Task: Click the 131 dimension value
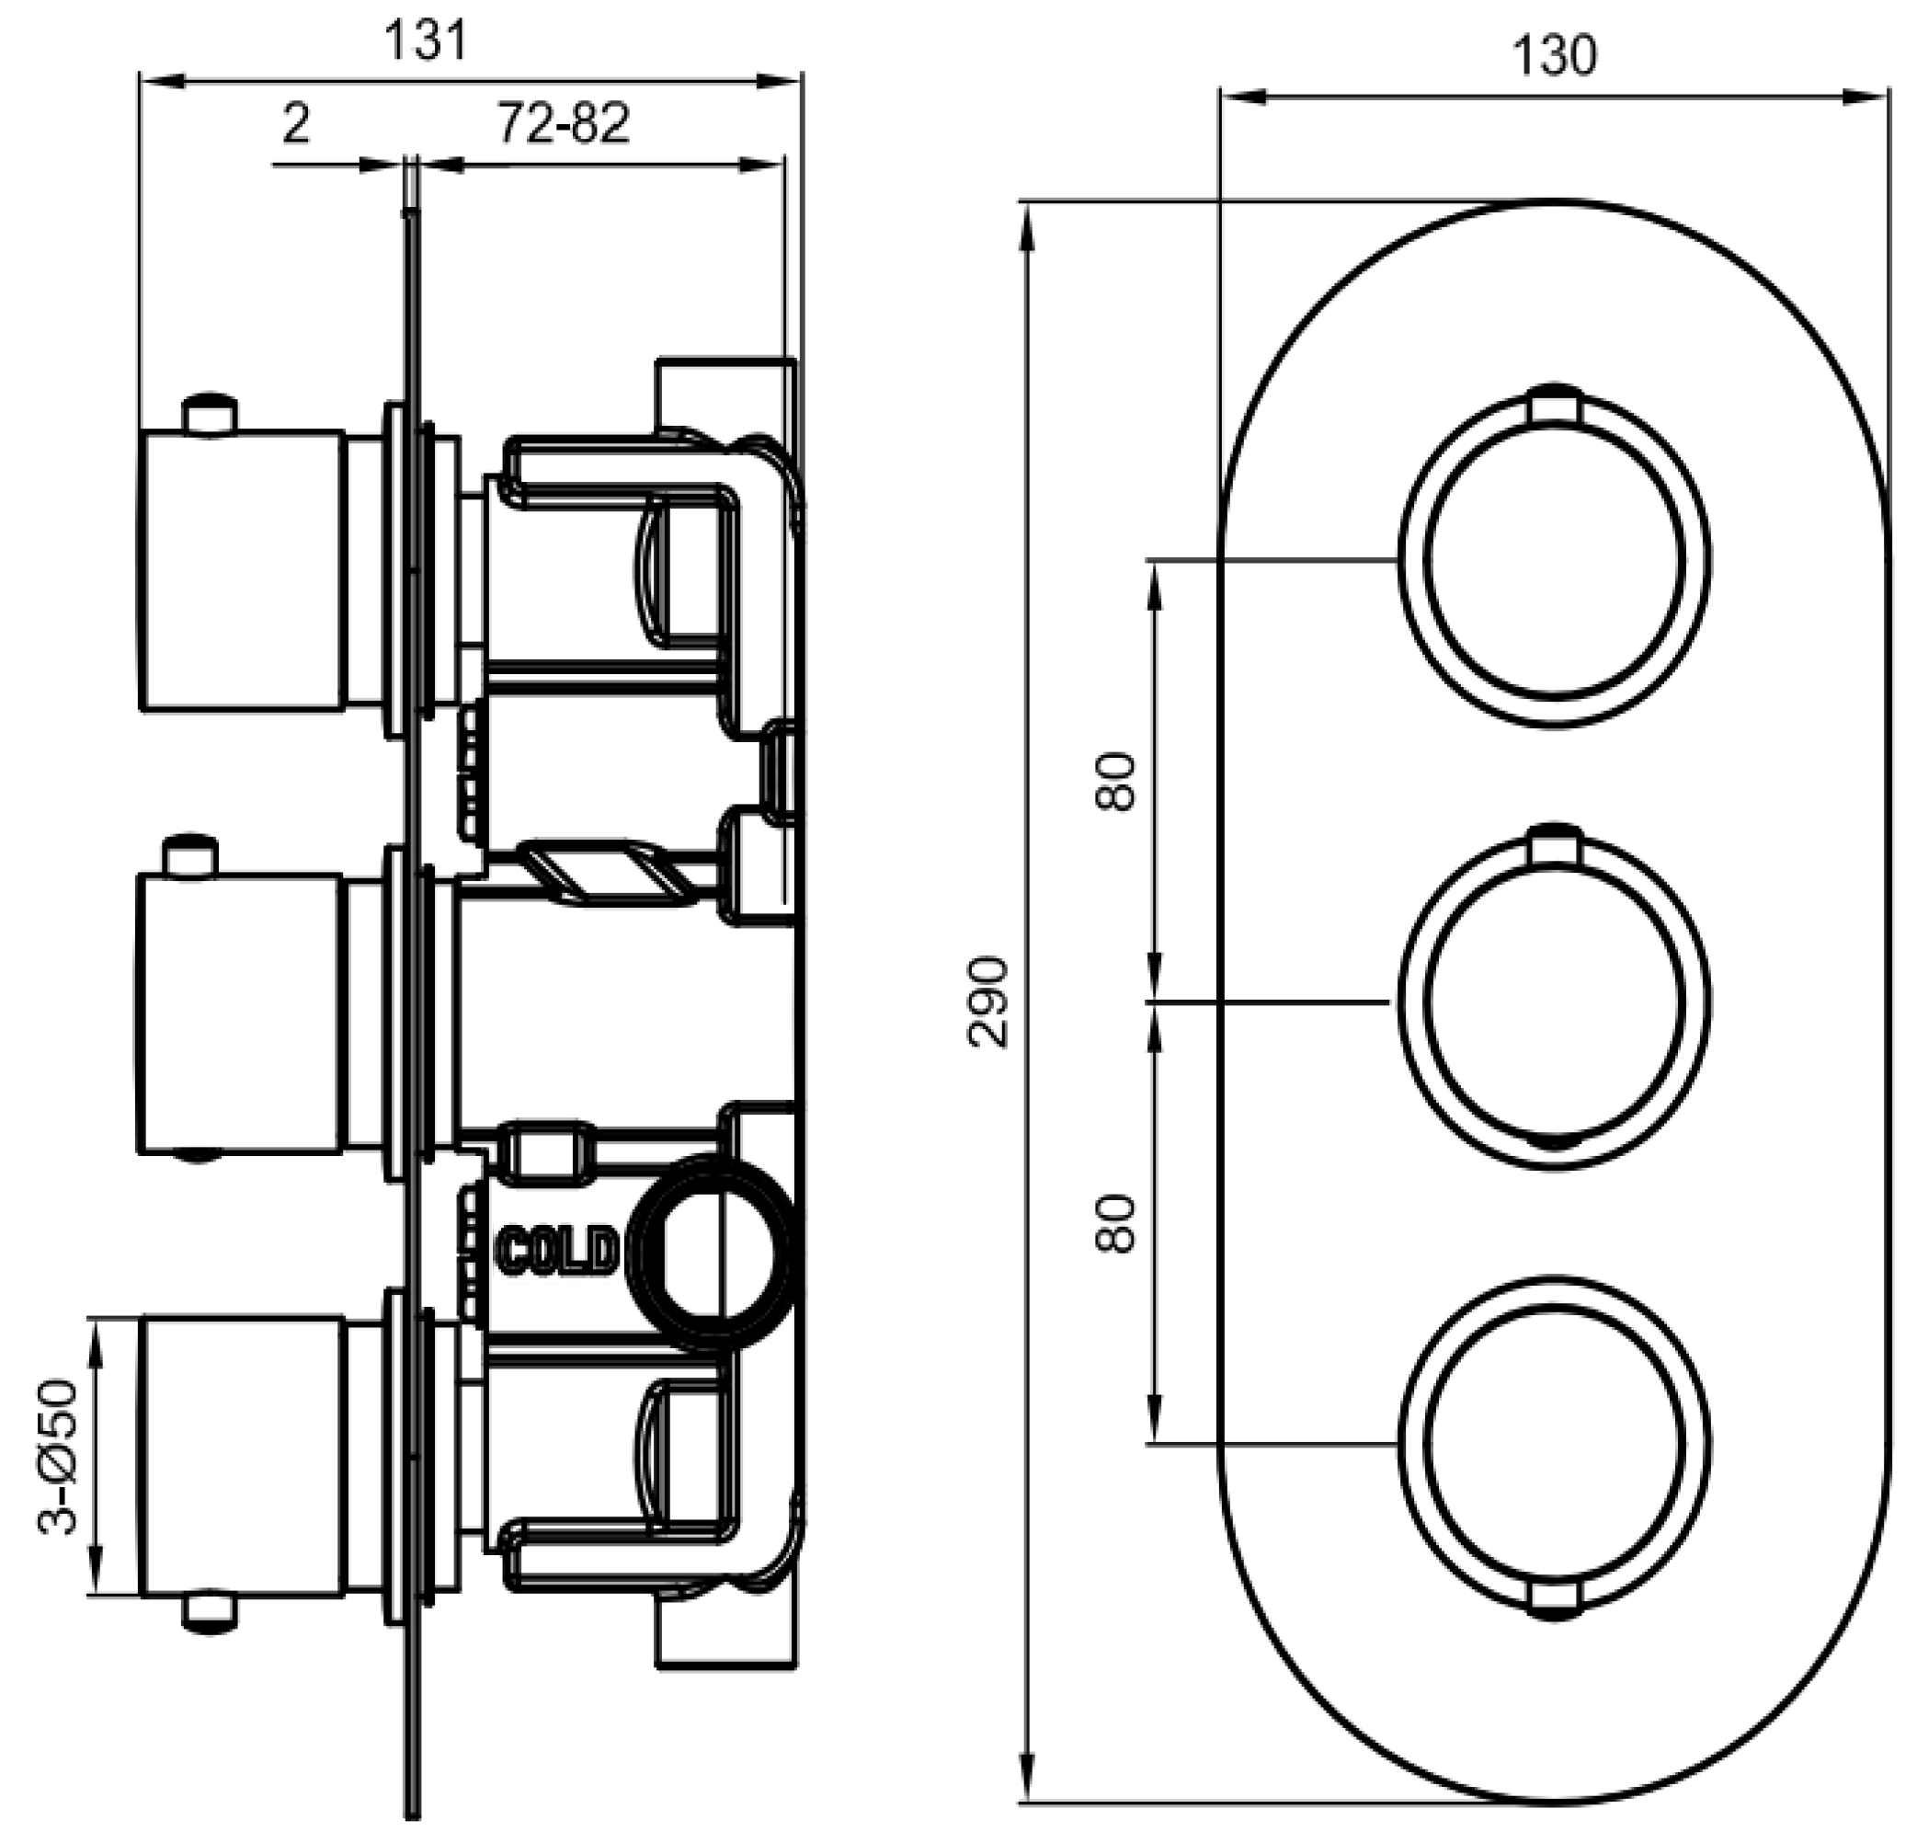tap(427, 42)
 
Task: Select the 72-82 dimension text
tap(564, 123)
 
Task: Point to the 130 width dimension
tap(1554, 56)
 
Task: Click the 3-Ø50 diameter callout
tap(58, 1458)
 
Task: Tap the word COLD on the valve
tap(557, 1250)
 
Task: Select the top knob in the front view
tap(1554, 556)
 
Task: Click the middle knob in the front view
tap(1554, 1000)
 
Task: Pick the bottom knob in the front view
tap(1554, 1443)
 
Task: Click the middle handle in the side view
tap(241, 1013)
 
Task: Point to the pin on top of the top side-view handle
tap(210, 412)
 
